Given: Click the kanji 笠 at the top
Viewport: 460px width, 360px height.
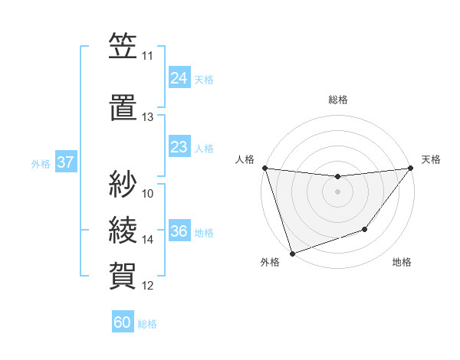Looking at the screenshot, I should [x=123, y=47].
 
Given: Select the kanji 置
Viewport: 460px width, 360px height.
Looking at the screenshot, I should [x=123, y=107].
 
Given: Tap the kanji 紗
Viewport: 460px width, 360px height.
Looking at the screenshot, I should [x=123, y=184].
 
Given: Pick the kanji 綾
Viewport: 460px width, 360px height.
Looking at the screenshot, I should [x=123, y=230].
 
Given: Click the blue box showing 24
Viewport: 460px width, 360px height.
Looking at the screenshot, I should [x=179, y=77].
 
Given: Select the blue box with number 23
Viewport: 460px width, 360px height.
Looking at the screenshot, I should [x=179, y=147].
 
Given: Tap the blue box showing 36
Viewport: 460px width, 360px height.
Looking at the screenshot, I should [x=179, y=231].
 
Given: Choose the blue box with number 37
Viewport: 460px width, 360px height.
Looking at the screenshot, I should [x=66, y=162].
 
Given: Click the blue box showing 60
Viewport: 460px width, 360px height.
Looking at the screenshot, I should [x=123, y=322].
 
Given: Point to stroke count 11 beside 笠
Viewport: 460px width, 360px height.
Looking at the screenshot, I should [x=147, y=56].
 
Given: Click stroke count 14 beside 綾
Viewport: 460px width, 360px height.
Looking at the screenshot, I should [x=147, y=240].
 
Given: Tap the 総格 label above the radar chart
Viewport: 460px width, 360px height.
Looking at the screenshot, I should [x=337, y=100].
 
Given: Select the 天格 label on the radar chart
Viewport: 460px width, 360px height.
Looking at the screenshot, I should [x=431, y=159].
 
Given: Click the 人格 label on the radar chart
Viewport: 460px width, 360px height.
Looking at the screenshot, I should [x=245, y=159].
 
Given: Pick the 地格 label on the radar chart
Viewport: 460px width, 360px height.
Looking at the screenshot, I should [x=402, y=263].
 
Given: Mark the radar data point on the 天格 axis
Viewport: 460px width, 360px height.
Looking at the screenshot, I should [x=410, y=169].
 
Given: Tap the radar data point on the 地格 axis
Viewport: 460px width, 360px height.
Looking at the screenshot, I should [x=365, y=229].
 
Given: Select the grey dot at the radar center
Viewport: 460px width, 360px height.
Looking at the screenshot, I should [x=337, y=191].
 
